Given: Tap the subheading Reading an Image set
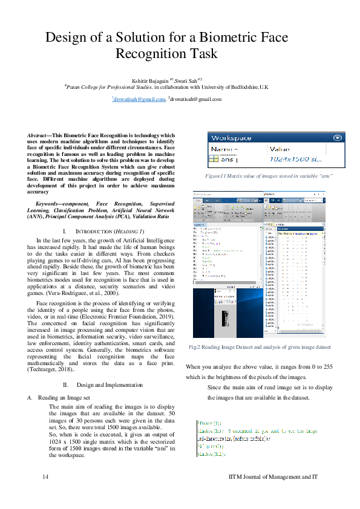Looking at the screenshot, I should [x=64, y=398].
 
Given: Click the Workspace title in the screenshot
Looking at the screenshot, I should [x=231, y=138].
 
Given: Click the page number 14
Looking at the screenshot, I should [x=45, y=477].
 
